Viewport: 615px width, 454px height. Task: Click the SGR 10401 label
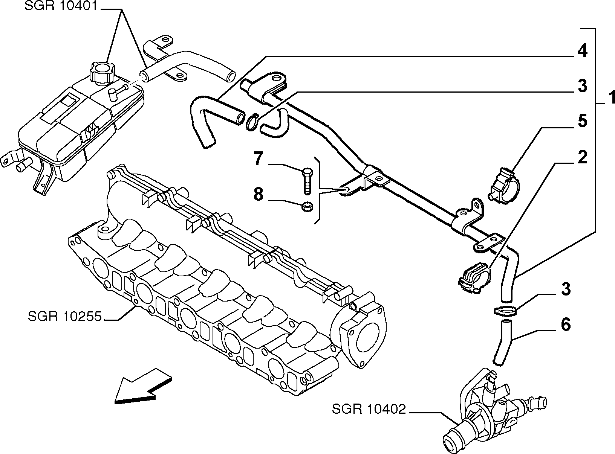coord(61,6)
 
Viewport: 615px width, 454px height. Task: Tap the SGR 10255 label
coord(65,316)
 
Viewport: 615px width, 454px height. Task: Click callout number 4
coord(582,51)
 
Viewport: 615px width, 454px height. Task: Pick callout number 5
coord(582,121)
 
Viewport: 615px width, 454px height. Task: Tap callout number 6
coord(566,324)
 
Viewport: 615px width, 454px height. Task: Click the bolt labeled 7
coord(307,180)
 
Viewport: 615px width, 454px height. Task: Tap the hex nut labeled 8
coord(307,206)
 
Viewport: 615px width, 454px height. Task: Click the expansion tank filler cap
coord(102,73)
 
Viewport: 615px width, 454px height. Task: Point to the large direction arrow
coord(143,386)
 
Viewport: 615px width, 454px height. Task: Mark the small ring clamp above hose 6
coord(505,311)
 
